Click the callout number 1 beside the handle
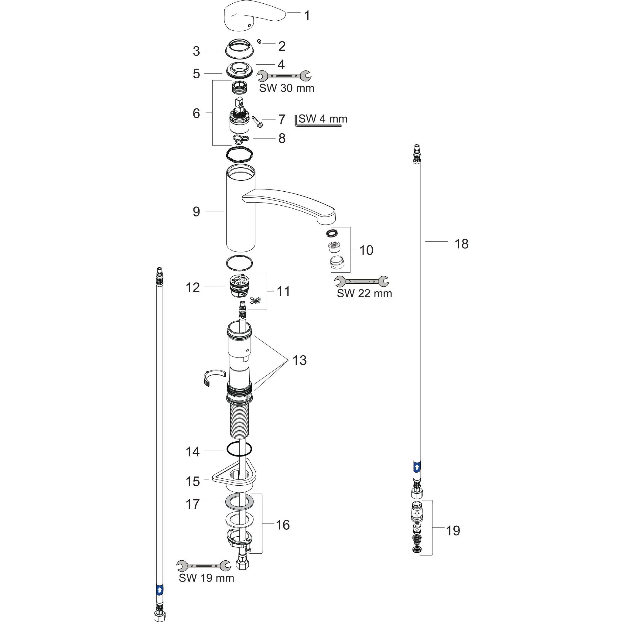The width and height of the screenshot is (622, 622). (307, 15)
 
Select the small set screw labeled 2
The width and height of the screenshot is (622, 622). (259, 41)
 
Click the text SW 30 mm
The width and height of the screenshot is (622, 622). (286, 88)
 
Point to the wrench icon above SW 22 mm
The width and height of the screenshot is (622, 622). (361, 281)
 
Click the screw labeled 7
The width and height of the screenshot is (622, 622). (258, 122)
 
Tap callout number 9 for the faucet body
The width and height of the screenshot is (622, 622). (197, 211)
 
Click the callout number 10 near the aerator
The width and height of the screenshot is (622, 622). (366, 250)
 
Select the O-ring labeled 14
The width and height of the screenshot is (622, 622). (239, 449)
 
